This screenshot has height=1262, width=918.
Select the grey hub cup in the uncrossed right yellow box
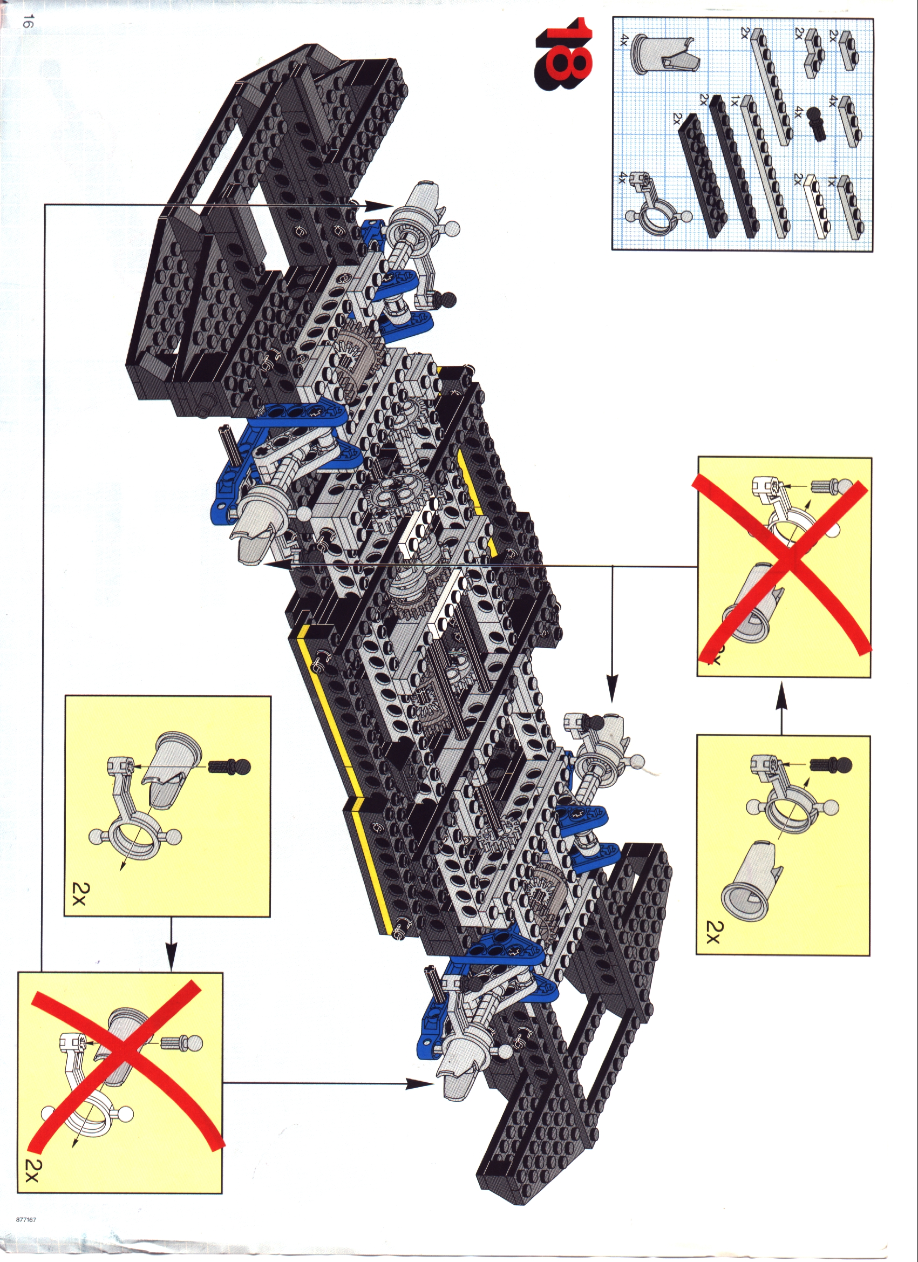click(x=749, y=885)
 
